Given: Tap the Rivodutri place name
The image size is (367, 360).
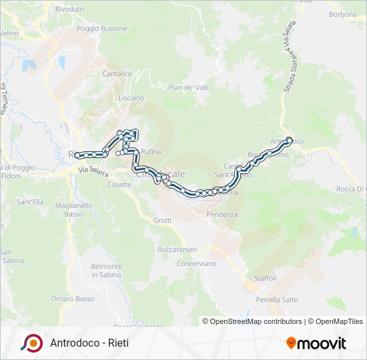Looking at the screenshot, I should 70,9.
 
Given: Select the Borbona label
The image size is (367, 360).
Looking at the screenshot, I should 343,14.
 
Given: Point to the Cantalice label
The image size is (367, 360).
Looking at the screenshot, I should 117,74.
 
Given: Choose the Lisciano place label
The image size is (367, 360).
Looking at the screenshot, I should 131,98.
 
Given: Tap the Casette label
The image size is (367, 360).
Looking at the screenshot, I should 119,185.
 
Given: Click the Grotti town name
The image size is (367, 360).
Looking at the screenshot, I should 162,220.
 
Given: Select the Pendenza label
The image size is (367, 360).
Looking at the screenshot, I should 222,215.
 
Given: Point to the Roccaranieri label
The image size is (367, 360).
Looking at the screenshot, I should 177,249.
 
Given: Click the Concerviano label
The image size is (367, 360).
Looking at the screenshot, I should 196,263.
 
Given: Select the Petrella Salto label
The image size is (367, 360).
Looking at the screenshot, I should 276,300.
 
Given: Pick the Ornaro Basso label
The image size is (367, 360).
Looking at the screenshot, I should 73,299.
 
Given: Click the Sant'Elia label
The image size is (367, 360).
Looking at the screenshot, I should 30,201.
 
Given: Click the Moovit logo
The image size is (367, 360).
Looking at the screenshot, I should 316,343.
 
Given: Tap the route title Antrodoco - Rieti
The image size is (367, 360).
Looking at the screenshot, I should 89,343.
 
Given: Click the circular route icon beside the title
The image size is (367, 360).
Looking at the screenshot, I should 31,343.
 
